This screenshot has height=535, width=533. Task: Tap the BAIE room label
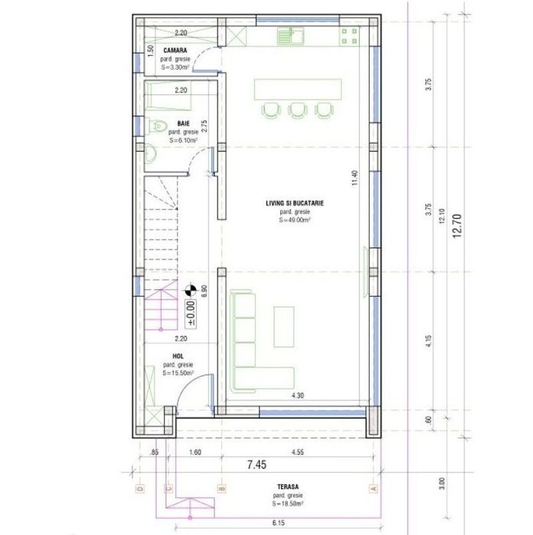pos(183,122)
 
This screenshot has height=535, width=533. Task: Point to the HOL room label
pos(178,355)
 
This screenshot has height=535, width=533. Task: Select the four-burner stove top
pos(348,35)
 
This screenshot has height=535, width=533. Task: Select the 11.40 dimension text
pos(354,178)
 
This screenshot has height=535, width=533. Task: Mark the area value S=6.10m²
pos(184,141)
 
